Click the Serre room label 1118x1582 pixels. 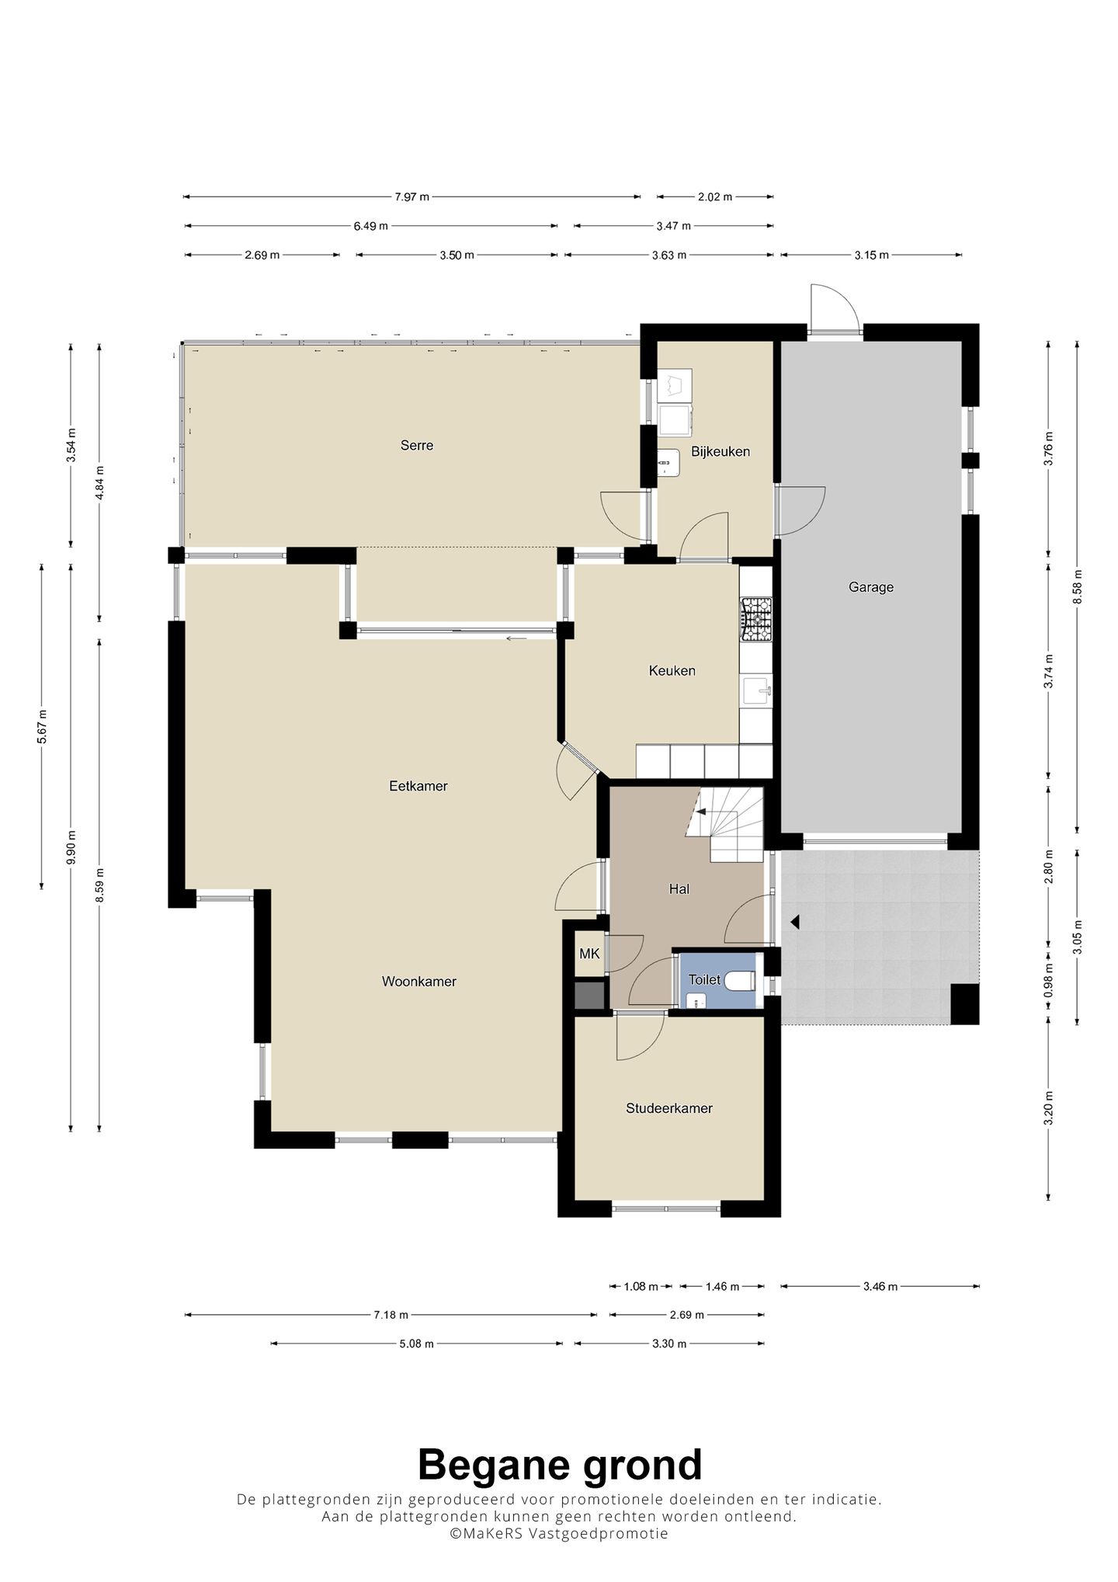(x=417, y=446)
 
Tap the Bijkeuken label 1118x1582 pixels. (x=720, y=452)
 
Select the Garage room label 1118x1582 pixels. (x=871, y=588)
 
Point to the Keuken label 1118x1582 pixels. (x=672, y=671)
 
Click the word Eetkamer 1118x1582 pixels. (x=418, y=786)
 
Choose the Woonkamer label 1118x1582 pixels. (x=419, y=982)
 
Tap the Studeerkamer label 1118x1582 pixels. (x=669, y=1108)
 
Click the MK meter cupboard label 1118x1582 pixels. (x=589, y=954)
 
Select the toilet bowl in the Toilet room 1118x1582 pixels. (x=741, y=981)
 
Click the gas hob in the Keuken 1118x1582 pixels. (x=756, y=619)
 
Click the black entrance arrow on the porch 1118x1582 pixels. (x=794, y=922)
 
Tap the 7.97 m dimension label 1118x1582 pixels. (x=411, y=197)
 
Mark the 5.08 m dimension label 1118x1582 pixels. (x=416, y=1344)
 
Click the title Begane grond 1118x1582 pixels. (x=560, y=1466)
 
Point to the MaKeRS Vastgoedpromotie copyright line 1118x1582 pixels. (x=559, y=1534)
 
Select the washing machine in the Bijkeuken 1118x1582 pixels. (x=675, y=419)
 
